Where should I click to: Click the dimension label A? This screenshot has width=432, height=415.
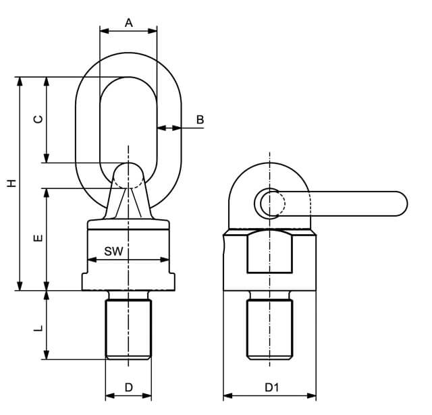click(x=129, y=23)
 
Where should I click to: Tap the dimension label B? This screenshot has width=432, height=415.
click(x=200, y=120)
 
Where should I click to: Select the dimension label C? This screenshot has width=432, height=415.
click(x=38, y=119)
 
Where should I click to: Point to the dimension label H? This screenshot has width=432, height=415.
click(x=11, y=183)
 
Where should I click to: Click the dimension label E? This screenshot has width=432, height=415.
click(x=38, y=238)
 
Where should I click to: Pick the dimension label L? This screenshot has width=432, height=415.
click(x=38, y=328)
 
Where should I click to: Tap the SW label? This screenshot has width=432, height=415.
click(x=113, y=251)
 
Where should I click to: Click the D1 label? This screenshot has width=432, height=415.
click(x=271, y=387)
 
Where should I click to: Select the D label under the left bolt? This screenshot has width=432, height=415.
click(x=129, y=387)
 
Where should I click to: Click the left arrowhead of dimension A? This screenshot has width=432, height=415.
click(x=104, y=31)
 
